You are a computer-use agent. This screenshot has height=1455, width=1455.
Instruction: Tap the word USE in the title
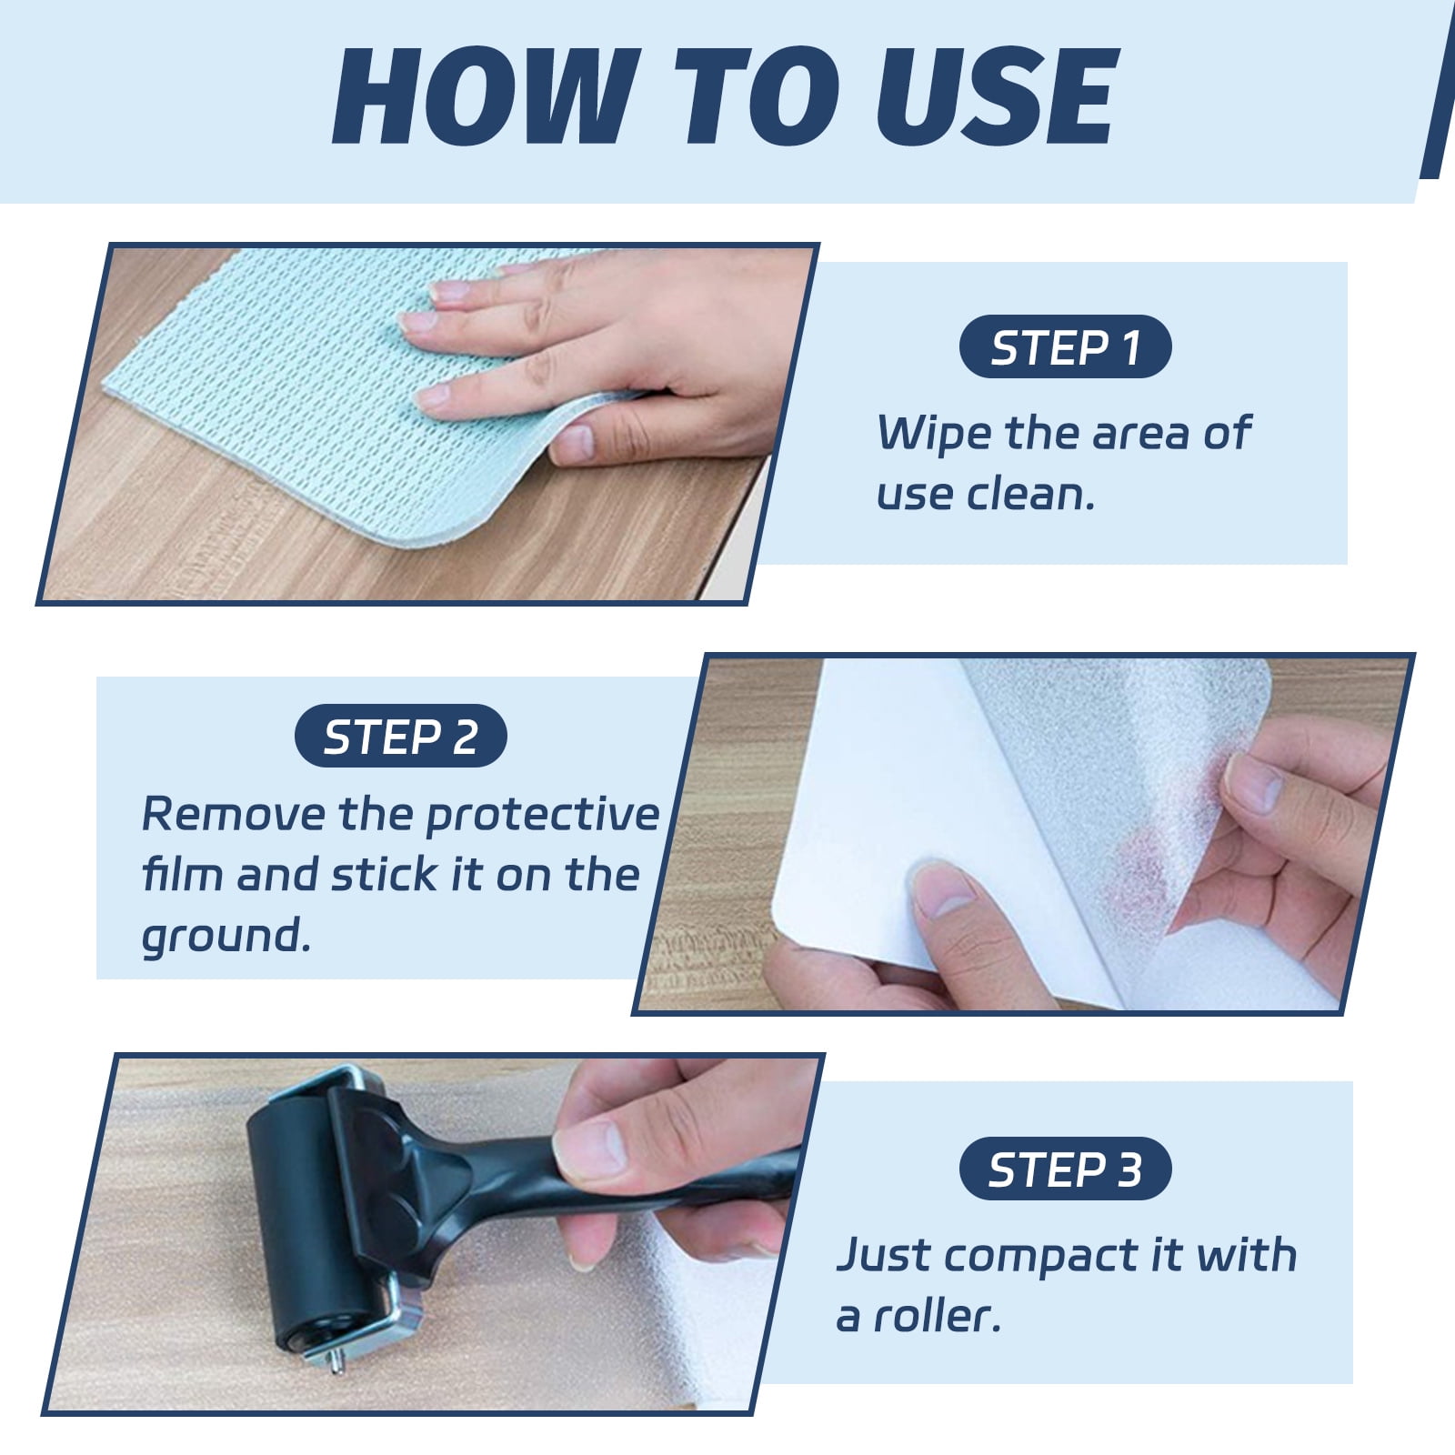[x=997, y=97]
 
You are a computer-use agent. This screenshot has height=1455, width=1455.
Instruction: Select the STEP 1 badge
[x=1065, y=346]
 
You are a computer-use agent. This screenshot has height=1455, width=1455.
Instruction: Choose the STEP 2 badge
[x=400, y=736]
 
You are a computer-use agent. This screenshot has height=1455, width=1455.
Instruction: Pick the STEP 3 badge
[x=1065, y=1169]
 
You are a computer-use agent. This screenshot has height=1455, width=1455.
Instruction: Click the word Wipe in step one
[x=934, y=435]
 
